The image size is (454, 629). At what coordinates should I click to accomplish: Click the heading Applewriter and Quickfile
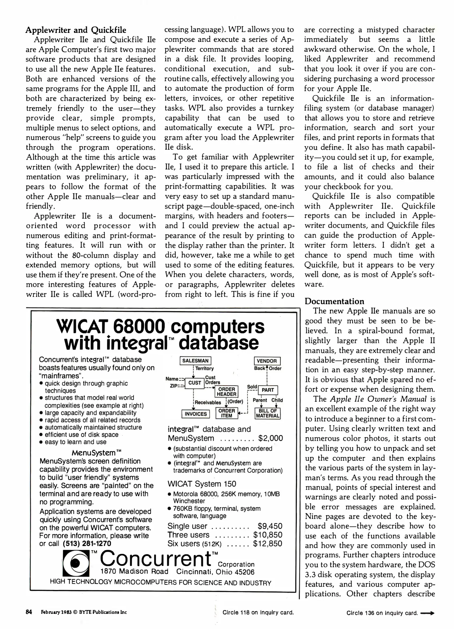click(x=76, y=30)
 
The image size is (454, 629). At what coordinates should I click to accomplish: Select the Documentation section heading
click(x=334, y=301)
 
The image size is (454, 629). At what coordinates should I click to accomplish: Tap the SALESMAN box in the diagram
click(x=195, y=361)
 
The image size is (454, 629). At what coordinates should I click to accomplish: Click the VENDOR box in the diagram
click(x=267, y=361)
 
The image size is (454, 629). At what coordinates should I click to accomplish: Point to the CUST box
click(x=195, y=383)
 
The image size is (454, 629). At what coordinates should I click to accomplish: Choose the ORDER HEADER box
click(x=227, y=392)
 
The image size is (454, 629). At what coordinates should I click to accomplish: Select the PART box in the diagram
click(x=268, y=390)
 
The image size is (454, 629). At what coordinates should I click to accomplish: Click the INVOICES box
click(x=196, y=414)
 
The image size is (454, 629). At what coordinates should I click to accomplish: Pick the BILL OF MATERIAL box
click(x=268, y=413)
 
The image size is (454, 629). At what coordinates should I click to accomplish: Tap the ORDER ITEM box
click(x=227, y=413)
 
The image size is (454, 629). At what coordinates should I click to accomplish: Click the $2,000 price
click(x=271, y=438)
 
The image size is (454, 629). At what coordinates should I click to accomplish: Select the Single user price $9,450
click(x=270, y=526)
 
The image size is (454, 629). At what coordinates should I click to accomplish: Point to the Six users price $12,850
click(x=268, y=543)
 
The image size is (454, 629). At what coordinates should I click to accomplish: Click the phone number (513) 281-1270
click(x=87, y=543)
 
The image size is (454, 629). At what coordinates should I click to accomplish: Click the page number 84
click(x=29, y=612)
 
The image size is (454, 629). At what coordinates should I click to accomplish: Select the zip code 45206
click(x=245, y=572)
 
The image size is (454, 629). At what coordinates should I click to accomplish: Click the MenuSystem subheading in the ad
click(x=96, y=453)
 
